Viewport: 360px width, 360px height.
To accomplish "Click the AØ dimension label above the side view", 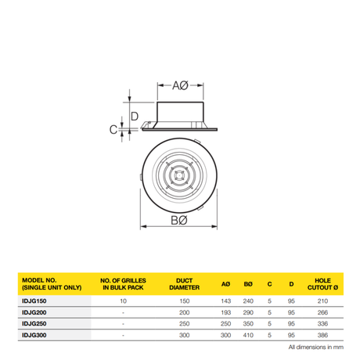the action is pyautogui.click(x=180, y=85).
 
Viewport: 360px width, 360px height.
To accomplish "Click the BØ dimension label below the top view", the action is pyautogui.click(x=179, y=221).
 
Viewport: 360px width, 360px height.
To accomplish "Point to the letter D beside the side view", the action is pyautogui.click(x=135, y=116).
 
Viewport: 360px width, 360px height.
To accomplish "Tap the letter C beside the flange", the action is pyautogui.click(x=113, y=129).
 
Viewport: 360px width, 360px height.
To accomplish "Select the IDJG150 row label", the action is pyautogui.click(x=34, y=301).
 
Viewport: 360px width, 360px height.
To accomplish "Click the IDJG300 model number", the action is pyautogui.click(x=34, y=335).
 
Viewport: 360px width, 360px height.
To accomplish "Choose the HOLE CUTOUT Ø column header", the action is pyautogui.click(x=322, y=284).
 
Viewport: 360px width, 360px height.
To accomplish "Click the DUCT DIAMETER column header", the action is pyautogui.click(x=185, y=284).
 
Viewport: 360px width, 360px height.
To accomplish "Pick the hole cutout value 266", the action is pyautogui.click(x=322, y=312).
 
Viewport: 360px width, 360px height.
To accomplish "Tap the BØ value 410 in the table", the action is pyautogui.click(x=248, y=335).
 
